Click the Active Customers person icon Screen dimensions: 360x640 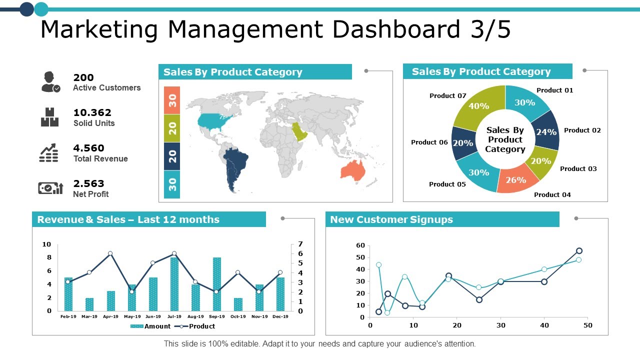click(x=50, y=82)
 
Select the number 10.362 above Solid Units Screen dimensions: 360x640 click(x=92, y=113)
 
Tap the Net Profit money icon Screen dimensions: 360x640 click(x=50, y=188)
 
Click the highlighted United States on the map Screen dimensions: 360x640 click(x=214, y=120)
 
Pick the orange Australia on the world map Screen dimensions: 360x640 click(x=353, y=170)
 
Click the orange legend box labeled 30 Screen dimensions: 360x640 click(x=172, y=100)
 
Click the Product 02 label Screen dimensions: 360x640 click(x=582, y=130)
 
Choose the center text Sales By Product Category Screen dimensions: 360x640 click(x=505, y=139)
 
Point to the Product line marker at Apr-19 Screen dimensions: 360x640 click(x=110, y=253)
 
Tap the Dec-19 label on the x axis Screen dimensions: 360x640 click(x=280, y=316)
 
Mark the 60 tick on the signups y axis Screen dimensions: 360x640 click(x=360, y=245)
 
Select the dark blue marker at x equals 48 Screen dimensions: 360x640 click(x=579, y=251)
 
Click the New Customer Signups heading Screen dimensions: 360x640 click(x=391, y=219)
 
